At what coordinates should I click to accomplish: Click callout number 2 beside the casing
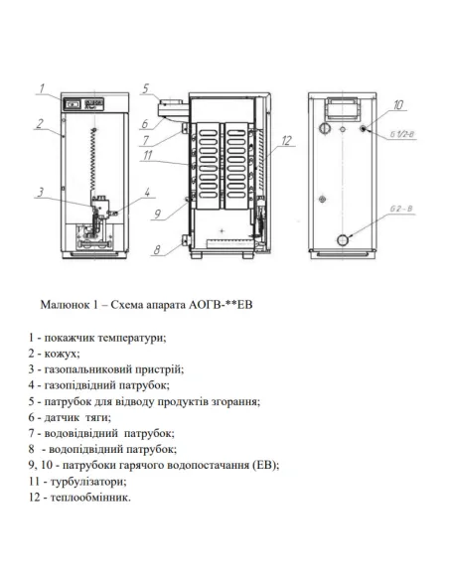(37, 124)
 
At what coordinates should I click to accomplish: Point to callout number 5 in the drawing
(144, 88)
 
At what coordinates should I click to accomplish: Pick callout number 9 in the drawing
(156, 213)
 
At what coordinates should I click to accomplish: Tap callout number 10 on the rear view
(397, 103)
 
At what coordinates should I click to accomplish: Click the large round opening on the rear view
(344, 238)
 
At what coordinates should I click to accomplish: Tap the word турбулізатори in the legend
(82, 480)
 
